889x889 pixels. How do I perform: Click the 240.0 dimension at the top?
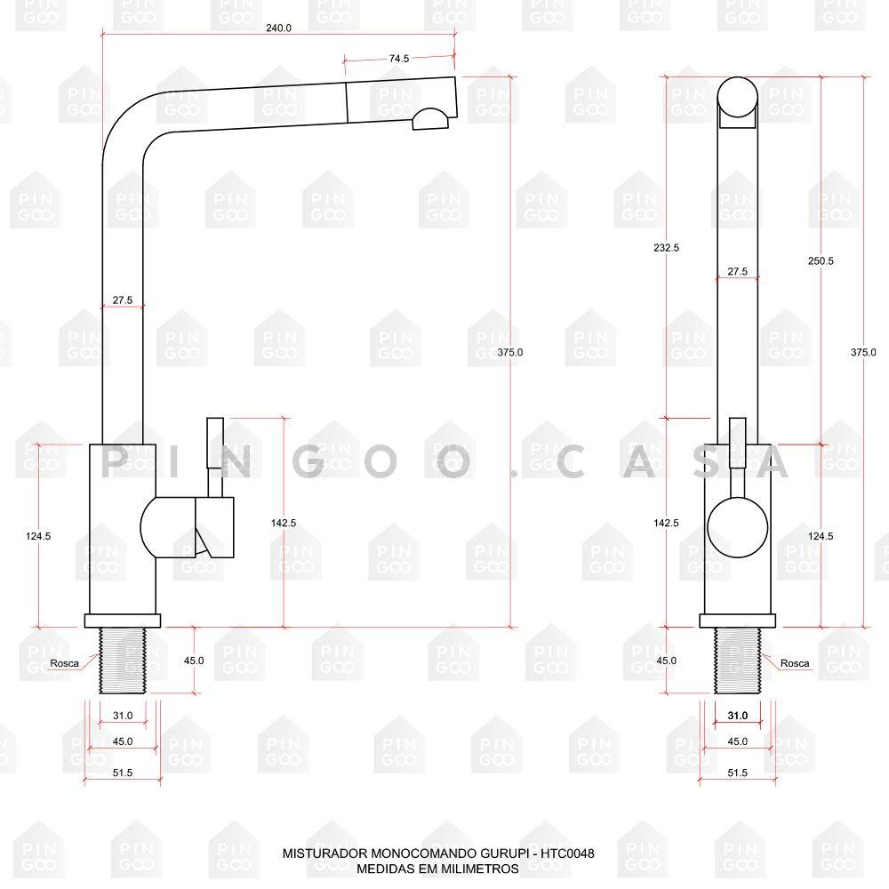pos(278,28)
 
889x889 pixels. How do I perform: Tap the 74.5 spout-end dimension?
pos(398,59)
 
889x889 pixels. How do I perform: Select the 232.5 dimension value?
pos(666,248)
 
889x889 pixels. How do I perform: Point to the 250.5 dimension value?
pos(821,260)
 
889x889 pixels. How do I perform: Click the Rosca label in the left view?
pos(65,663)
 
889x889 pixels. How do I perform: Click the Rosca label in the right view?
pos(794,663)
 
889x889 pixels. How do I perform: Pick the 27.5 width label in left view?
pos(123,300)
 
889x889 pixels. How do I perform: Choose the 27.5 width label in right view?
pos(737,271)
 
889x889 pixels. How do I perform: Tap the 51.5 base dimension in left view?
pos(123,773)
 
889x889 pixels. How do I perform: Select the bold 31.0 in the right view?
pos(737,716)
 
